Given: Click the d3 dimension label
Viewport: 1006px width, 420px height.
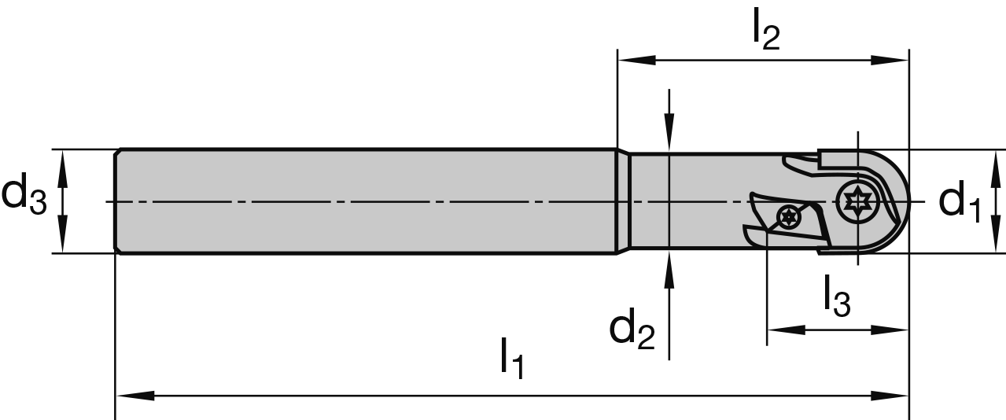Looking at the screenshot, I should pyautogui.click(x=24, y=197).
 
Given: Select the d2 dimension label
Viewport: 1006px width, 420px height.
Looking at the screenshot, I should pyautogui.click(x=632, y=330).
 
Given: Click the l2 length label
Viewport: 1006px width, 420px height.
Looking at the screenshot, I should pyautogui.click(x=765, y=33).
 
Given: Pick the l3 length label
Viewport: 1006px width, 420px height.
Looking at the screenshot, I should pyautogui.click(x=837, y=297).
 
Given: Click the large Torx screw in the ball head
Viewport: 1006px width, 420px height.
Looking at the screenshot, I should pyautogui.click(x=857, y=202).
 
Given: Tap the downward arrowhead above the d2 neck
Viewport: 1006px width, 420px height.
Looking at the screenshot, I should pyautogui.click(x=668, y=134).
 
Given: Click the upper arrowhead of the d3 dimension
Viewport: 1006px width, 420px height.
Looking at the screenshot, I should pyautogui.click(x=64, y=164).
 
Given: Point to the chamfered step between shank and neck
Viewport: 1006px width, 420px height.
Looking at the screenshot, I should pyautogui.click(x=622, y=201).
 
